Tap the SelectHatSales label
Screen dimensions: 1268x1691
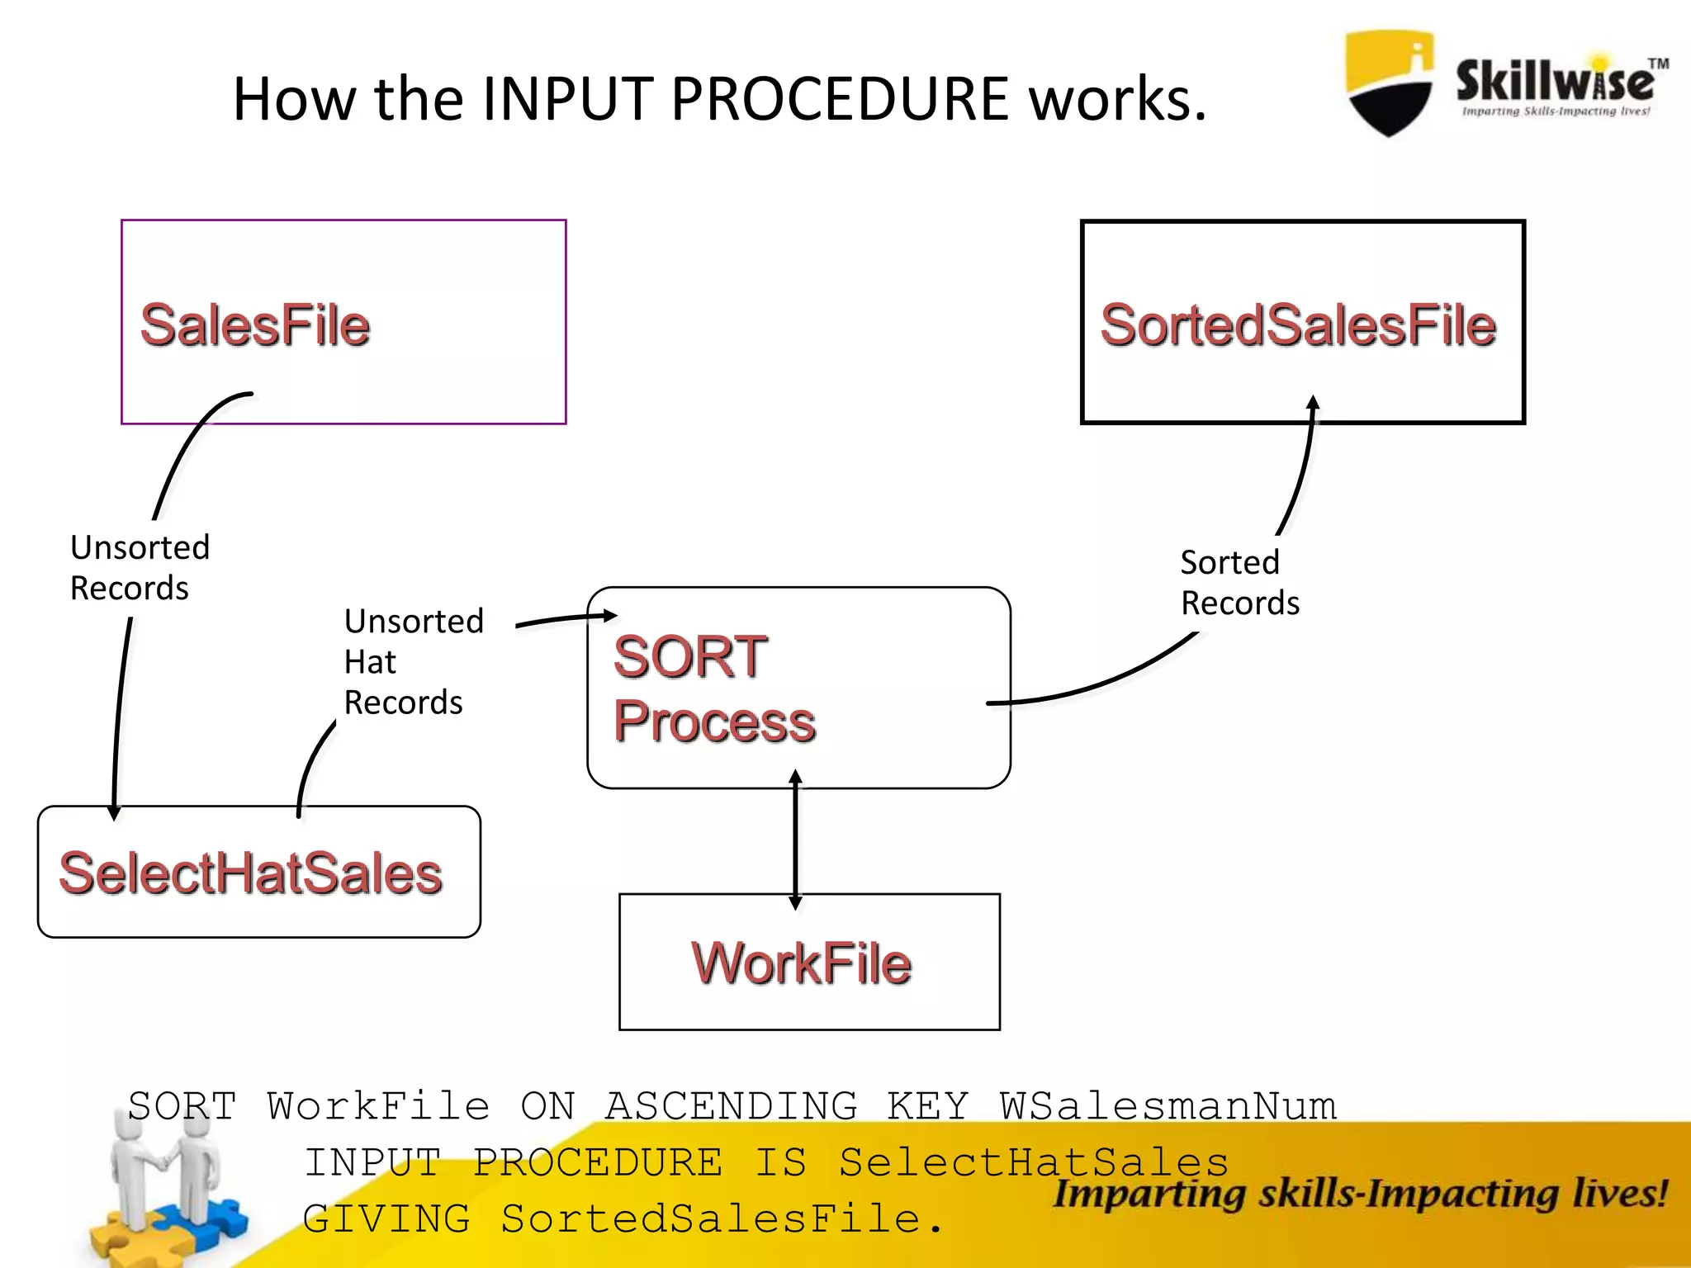coord(251,873)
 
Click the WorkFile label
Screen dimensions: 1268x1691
coord(802,963)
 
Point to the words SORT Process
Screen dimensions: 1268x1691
coord(714,689)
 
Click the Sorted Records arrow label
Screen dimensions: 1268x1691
coord(1239,583)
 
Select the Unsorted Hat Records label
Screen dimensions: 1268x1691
coord(413,661)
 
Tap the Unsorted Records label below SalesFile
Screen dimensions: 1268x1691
coord(140,568)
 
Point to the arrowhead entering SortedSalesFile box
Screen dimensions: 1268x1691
coord(1313,404)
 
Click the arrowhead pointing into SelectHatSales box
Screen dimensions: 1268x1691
coord(114,812)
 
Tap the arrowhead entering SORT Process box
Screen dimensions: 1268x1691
coord(609,615)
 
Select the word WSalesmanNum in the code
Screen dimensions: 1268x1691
coord(1168,1106)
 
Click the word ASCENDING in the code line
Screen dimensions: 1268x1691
coord(732,1106)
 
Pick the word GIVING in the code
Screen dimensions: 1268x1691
coord(386,1218)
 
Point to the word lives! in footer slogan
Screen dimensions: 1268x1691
coord(1618,1194)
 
